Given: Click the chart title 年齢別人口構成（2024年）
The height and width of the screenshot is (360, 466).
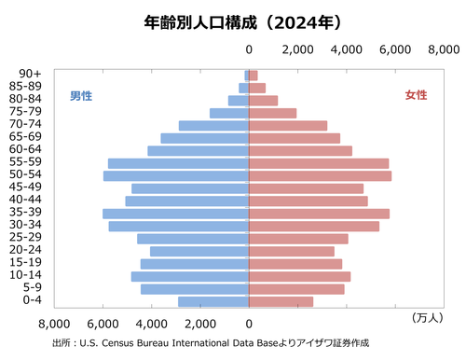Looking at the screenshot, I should coord(233,20).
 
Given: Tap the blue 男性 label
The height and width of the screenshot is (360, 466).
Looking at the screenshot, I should coord(81,95).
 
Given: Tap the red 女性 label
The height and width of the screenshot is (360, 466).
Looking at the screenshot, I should coord(416,95).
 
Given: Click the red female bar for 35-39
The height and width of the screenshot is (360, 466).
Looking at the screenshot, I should coord(319,214).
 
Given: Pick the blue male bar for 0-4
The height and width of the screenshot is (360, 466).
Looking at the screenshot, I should coord(213,301).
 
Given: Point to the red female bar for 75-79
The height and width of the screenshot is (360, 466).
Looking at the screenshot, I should coord(272,113).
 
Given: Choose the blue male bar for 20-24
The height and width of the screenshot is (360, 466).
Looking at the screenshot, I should coord(199,251).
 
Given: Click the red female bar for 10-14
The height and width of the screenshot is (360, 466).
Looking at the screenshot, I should coord(299,276).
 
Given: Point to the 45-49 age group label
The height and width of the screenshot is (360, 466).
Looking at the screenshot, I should coord(24,187).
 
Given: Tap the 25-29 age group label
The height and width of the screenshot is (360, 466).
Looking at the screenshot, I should coord(24,237).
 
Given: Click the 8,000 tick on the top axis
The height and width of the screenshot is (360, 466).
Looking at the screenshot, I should coord(443,48).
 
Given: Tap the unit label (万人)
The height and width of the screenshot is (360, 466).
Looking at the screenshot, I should coord(427,318).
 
